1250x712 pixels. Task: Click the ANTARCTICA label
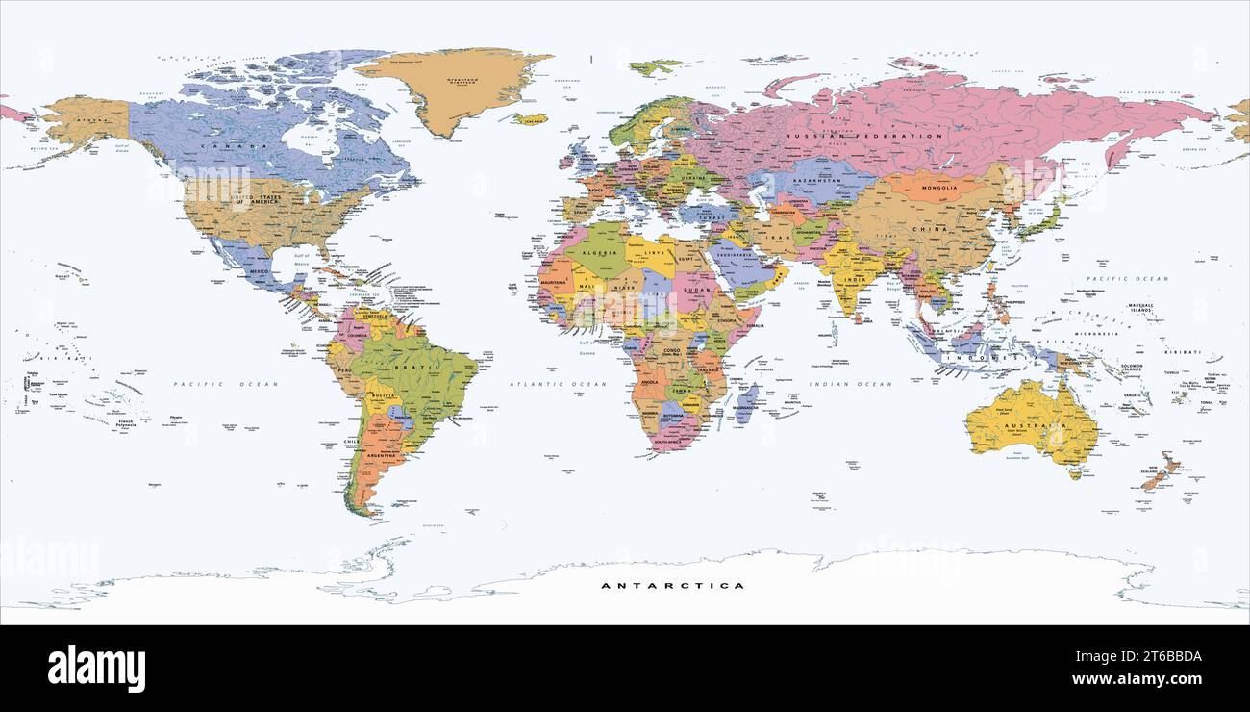tap(672, 585)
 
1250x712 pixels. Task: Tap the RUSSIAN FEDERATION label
tap(864, 137)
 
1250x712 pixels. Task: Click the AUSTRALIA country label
tap(1034, 424)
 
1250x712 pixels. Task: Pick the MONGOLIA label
tap(933, 188)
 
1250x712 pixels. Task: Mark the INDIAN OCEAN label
tap(850, 384)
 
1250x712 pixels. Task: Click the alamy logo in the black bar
tap(96, 669)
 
